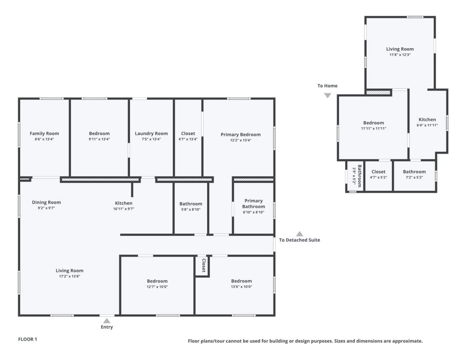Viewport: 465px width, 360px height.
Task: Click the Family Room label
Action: click(x=44, y=134)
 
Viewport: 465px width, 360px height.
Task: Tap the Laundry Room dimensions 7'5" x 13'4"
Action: click(x=151, y=139)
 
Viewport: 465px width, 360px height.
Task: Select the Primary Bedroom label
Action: click(x=241, y=135)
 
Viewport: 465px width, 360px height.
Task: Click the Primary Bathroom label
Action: click(x=253, y=204)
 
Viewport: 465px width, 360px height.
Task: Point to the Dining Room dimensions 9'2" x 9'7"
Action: click(x=46, y=208)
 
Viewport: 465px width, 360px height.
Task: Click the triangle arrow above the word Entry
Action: click(x=107, y=321)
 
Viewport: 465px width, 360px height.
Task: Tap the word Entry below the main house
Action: click(x=107, y=327)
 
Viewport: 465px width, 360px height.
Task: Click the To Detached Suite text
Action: click(x=299, y=240)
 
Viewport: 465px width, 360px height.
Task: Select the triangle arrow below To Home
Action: click(x=327, y=95)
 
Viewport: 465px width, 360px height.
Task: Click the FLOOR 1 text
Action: click(x=27, y=339)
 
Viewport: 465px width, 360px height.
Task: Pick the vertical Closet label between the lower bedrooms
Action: click(x=204, y=265)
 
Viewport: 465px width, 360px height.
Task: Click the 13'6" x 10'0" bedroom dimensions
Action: click(x=242, y=287)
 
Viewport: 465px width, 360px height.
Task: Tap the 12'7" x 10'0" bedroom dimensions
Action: click(x=157, y=287)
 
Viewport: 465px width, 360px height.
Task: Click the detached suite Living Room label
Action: click(x=400, y=49)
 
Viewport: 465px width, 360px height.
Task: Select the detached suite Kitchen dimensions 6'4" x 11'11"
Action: click(x=427, y=125)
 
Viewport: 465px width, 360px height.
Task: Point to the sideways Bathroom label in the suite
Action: click(x=359, y=176)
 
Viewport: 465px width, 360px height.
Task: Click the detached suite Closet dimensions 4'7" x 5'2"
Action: click(x=378, y=177)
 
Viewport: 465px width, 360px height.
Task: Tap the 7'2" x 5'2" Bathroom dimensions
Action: click(x=414, y=177)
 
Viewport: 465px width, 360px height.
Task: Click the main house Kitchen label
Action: click(x=124, y=203)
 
